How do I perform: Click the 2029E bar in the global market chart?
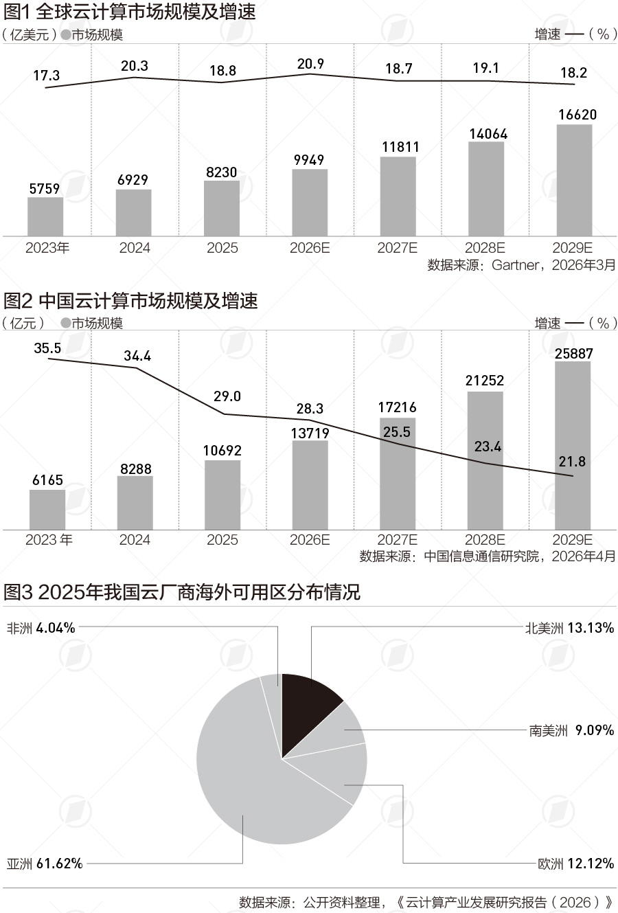[x=574, y=180]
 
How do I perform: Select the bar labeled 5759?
[x=45, y=216]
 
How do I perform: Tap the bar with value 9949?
[x=310, y=203]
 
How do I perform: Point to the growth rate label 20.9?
[x=310, y=64]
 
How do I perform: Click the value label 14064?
[x=488, y=134]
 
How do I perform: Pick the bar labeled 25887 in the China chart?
[x=573, y=445]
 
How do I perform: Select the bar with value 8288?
[x=135, y=503]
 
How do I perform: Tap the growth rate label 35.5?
[x=47, y=348]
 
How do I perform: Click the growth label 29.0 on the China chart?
[x=227, y=396]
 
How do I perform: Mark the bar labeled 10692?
[x=222, y=495]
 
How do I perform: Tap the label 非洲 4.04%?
[x=41, y=628]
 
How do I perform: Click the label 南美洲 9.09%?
[x=571, y=730]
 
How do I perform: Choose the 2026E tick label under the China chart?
[x=310, y=540]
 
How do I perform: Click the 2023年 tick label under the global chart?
[x=47, y=248]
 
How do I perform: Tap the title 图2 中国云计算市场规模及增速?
[x=130, y=301]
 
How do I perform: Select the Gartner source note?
[x=521, y=265]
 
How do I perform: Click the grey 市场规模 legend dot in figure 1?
[x=66, y=34]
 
